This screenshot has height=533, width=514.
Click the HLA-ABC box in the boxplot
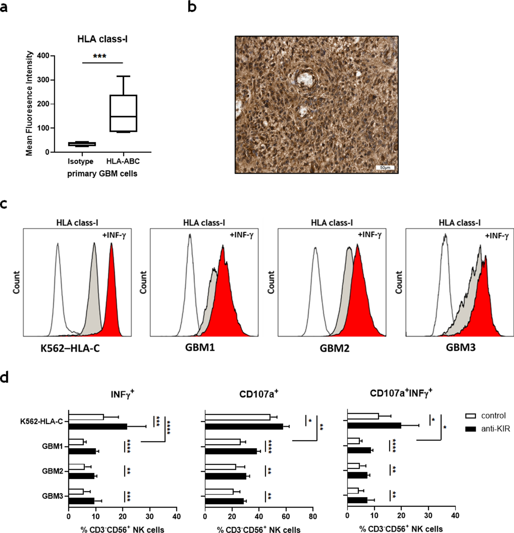(123, 113)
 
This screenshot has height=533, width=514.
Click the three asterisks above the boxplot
(100, 56)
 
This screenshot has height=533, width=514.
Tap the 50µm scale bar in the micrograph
(385, 168)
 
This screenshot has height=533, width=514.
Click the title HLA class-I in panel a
(102, 39)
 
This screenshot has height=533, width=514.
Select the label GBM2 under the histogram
(334, 348)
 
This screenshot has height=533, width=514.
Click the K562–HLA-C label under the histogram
(70, 348)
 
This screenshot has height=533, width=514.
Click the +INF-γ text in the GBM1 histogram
(242, 235)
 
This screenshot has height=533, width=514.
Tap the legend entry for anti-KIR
(488, 428)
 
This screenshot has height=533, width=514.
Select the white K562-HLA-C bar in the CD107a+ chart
(237, 417)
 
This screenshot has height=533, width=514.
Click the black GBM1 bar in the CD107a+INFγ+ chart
(359, 450)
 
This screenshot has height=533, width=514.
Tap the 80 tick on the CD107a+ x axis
(313, 516)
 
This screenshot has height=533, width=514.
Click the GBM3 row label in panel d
(53, 496)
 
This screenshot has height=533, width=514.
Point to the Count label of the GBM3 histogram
(399, 282)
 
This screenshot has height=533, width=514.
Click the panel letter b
(192, 7)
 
